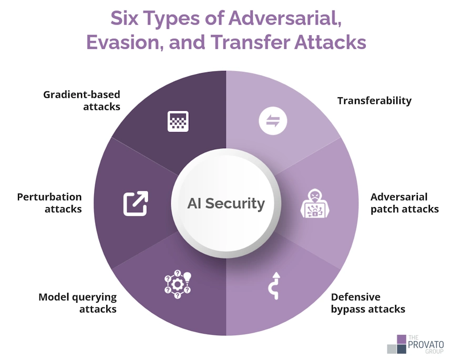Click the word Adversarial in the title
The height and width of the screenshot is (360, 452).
tap(285, 18)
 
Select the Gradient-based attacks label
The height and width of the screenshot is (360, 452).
tap(81, 100)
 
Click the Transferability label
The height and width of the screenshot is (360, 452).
tap(374, 100)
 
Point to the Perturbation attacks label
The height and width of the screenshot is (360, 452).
tap(49, 203)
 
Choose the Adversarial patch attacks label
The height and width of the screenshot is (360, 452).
tap(405, 203)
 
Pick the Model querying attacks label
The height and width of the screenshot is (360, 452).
tap(78, 303)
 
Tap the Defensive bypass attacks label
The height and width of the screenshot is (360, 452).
tap(368, 303)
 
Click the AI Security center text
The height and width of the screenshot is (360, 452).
tap(226, 203)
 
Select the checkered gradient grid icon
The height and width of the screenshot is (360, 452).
tap(178, 121)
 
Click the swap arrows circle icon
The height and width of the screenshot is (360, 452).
tap(273, 121)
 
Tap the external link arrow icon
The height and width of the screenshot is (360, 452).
tap(136, 203)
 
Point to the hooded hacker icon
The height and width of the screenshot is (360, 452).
tap(315, 203)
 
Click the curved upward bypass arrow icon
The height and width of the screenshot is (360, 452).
tap(274, 286)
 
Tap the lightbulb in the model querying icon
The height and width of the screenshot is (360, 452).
tap(188, 277)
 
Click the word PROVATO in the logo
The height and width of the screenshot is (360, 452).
tap(426, 345)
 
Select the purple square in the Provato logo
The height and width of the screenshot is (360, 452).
tap(402, 340)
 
